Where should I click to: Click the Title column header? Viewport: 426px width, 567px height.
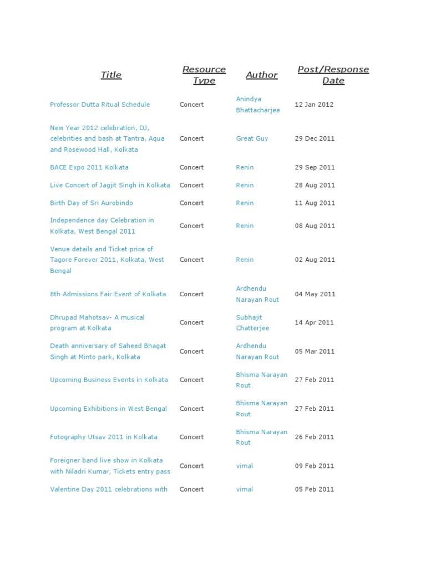[x=111, y=75]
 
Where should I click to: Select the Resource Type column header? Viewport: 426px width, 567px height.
[x=204, y=75]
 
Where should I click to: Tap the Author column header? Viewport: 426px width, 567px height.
[x=262, y=75]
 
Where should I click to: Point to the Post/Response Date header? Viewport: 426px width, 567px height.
[x=333, y=75]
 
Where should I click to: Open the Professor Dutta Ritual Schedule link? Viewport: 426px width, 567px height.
[x=100, y=105]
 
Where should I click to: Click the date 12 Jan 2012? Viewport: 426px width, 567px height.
[x=314, y=105]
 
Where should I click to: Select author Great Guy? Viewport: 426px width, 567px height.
[x=252, y=138]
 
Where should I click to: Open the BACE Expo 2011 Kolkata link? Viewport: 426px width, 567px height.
[x=89, y=167]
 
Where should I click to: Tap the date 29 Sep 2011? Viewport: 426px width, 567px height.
[x=315, y=167]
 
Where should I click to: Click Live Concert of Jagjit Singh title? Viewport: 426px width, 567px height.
[x=110, y=185]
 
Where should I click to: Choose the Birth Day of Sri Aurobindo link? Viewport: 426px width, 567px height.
[x=92, y=203]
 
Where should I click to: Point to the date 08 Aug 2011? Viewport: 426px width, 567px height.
[x=315, y=226]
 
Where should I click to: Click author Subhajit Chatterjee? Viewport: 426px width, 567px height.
[x=252, y=323]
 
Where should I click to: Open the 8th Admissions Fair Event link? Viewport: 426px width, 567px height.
[x=108, y=294]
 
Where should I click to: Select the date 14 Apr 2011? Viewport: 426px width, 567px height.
[x=315, y=323]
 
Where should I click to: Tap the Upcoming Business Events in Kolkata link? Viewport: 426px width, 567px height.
[x=109, y=380]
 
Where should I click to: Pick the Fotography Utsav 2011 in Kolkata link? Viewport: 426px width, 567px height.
[x=104, y=437]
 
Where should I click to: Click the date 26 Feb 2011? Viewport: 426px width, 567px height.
[x=315, y=437]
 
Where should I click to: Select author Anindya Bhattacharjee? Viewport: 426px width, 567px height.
[x=258, y=105]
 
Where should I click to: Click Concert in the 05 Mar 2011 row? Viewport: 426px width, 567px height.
[x=191, y=352]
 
